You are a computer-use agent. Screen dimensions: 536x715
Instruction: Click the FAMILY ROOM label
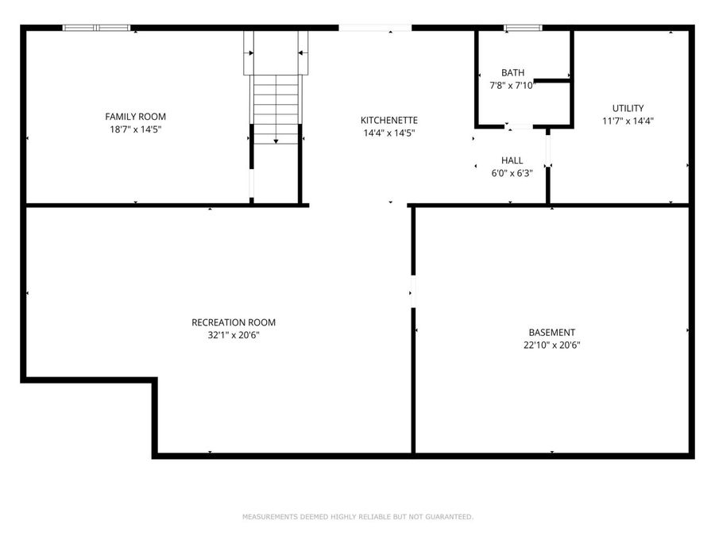136,117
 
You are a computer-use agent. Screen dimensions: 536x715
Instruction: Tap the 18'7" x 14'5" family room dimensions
136,129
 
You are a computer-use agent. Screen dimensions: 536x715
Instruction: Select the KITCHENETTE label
389,121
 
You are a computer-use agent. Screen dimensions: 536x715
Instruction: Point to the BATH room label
512,73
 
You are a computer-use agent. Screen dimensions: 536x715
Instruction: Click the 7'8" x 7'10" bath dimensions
512,86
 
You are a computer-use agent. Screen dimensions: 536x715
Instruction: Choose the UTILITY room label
628,108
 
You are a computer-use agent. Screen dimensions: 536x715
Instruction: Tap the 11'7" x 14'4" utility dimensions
628,121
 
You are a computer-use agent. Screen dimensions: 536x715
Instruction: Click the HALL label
512,160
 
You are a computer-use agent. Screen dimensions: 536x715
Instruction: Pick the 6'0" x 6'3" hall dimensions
512,173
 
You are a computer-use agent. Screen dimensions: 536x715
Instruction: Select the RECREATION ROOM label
234,322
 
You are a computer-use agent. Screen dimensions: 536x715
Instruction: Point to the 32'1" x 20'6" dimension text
234,335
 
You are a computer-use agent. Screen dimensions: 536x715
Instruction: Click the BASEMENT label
551,333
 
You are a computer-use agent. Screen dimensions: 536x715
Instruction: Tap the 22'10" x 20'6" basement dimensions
551,345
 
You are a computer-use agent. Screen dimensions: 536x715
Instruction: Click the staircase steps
276,107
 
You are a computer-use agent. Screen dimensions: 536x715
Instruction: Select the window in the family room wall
96,28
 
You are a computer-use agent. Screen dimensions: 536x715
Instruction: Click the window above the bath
523,29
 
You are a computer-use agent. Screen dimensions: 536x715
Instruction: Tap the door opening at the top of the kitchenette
375,28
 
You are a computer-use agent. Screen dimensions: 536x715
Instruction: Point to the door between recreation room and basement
412,291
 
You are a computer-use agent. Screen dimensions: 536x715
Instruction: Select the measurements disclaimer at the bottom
357,517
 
